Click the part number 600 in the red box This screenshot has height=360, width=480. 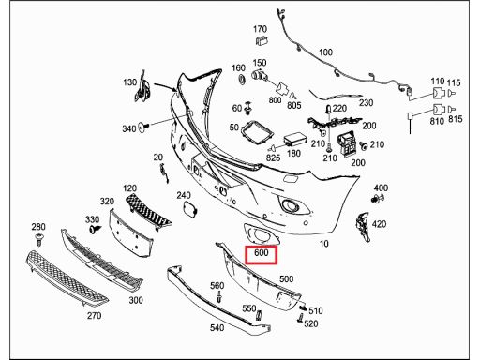pos(262,252)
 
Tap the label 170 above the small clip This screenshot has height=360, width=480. pos(260,29)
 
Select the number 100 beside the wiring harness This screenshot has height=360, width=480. pos(325,52)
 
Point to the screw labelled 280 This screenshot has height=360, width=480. pos(39,239)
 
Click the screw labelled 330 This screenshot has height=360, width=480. pos(95,229)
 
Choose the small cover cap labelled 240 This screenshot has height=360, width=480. pos(189,209)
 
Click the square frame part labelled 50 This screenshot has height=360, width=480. pos(257,133)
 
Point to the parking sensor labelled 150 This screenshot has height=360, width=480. pos(259,76)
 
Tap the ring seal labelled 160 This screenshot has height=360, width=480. pos(242,79)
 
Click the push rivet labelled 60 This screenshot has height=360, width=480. pos(248,108)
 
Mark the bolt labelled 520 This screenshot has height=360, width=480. pos(300,319)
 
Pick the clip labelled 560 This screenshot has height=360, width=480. pos(220,296)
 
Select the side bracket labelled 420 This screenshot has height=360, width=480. pos(362,227)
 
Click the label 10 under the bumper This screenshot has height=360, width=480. pos(324,244)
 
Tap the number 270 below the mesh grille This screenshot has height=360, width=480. pos(94,316)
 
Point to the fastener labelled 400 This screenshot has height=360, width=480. pos(378,198)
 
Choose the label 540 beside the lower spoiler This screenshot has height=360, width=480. pos(217,328)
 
